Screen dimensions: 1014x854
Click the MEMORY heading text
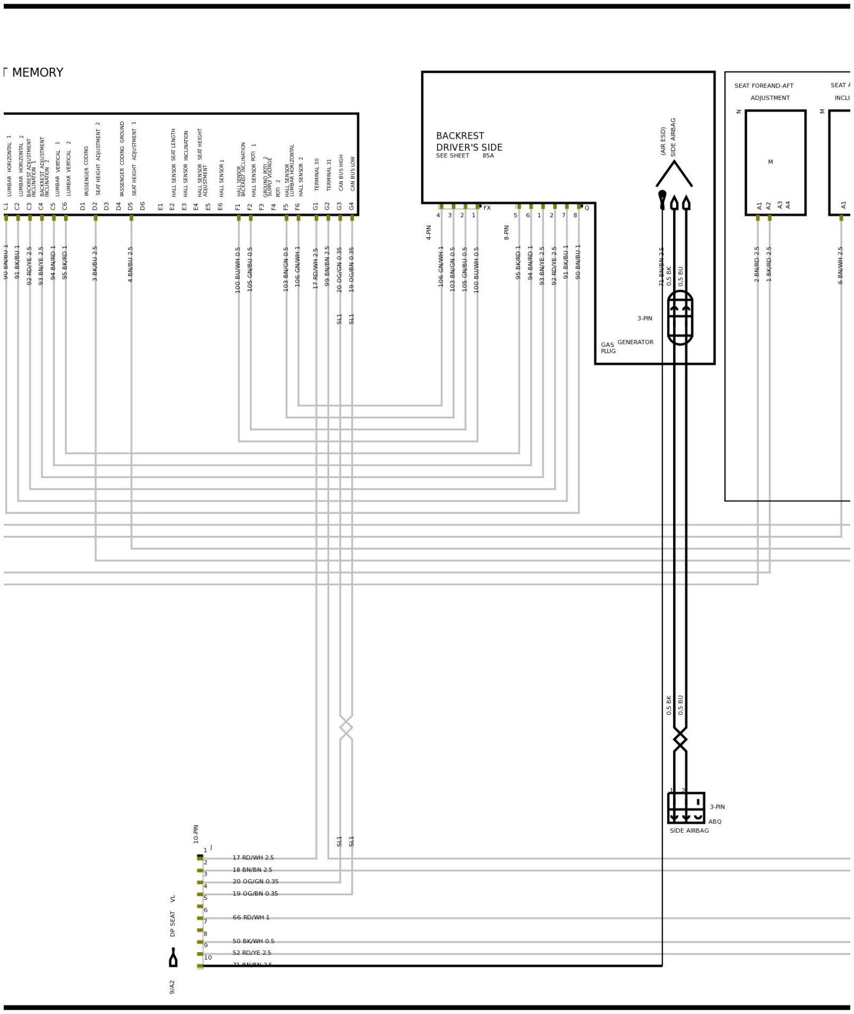point(37,73)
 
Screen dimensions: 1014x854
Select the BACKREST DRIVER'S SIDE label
point(469,142)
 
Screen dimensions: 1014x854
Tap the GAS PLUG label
point(608,348)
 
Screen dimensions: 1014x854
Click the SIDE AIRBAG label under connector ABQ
point(689,831)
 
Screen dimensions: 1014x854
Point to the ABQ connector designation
point(715,821)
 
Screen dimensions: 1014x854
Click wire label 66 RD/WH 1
point(251,917)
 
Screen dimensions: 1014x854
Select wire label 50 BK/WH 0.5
point(253,941)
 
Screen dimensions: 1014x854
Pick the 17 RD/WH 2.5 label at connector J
point(253,858)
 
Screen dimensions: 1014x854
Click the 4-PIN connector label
point(429,232)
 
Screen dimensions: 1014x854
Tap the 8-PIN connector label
point(507,232)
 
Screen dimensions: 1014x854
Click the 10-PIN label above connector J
point(196,834)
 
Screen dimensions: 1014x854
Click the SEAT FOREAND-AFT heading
point(763,86)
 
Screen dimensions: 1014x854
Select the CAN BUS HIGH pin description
point(341,173)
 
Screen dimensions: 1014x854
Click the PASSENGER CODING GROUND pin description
point(122,159)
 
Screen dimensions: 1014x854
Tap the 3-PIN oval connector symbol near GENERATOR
point(680,318)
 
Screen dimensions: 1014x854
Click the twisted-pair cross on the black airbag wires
point(680,740)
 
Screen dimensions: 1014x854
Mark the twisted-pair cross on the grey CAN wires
point(346,727)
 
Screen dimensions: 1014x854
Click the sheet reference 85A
point(488,156)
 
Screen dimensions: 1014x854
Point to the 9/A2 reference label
point(172,987)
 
